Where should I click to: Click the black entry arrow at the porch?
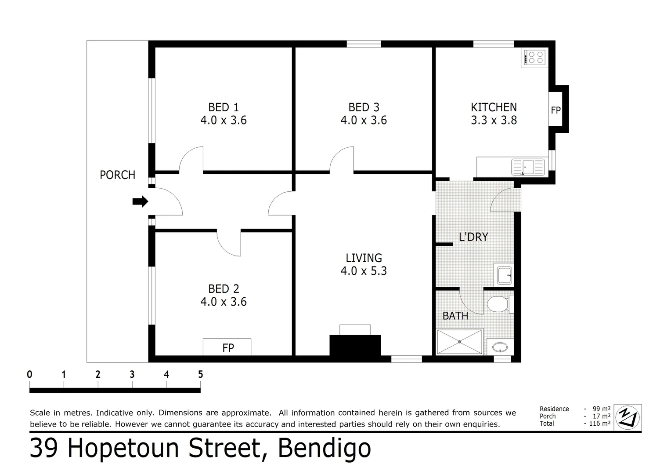(x=140, y=201)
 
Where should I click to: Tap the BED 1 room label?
(x=223, y=107)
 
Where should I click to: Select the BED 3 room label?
(x=364, y=107)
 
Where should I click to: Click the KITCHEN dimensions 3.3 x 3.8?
(x=494, y=120)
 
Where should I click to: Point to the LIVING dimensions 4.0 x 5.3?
(x=364, y=270)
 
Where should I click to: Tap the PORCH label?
(x=117, y=175)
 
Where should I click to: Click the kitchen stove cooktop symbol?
(x=534, y=57)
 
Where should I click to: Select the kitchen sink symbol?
(x=528, y=167)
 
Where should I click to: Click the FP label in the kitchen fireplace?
(x=556, y=110)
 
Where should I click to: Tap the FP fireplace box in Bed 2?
(x=227, y=347)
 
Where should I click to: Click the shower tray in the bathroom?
(x=460, y=341)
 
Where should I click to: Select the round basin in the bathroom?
(x=500, y=347)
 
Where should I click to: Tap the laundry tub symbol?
(x=504, y=275)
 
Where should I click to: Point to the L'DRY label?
(x=473, y=237)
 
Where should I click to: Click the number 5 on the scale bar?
(x=200, y=375)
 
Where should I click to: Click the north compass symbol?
(x=628, y=417)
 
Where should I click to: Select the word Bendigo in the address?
(x=325, y=449)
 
